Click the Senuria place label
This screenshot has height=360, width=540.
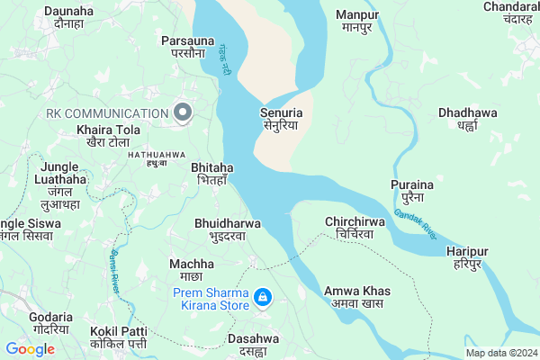pyautogui.click(x=281, y=120)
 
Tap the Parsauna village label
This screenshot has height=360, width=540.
pyautogui.click(x=187, y=47)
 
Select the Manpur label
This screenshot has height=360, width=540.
pyautogui.click(x=357, y=21)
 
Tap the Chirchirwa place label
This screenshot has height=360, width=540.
pyautogui.click(x=355, y=228)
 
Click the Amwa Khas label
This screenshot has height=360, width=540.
pyautogui.click(x=358, y=298)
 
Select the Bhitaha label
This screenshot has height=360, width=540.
pyautogui.click(x=212, y=174)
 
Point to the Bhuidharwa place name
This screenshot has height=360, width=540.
pyautogui.click(x=228, y=229)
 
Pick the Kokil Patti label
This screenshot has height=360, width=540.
pyautogui.click(x=119, y=337)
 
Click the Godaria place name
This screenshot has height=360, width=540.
pyautogui.click(x=50, y=323)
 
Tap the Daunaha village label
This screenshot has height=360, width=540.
pyautogui.click(x=68, y=18)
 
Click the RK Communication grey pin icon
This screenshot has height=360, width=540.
pyautogui.click(x=183, y=112)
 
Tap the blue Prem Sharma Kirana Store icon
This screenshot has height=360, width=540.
pyautogui.click(x=262, y=297)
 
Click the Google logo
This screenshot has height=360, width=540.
pyautogui.click(x=31, y=349)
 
